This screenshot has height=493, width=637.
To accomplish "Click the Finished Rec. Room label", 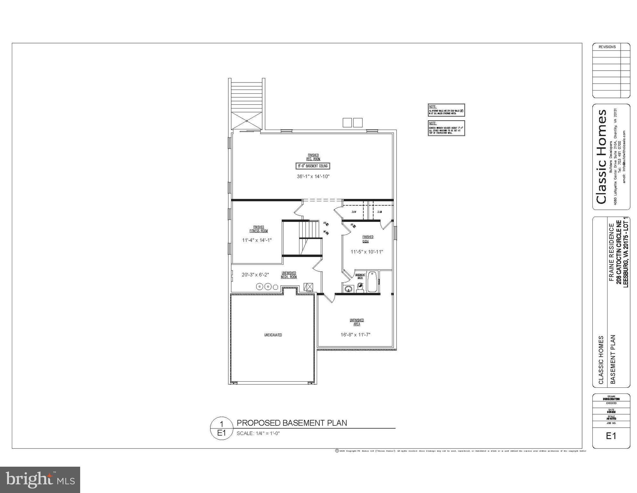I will (313, 157).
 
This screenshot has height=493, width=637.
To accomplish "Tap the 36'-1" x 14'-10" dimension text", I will (313, 176).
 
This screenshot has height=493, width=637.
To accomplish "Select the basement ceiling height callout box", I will (313, 166).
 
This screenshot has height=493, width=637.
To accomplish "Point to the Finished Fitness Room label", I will (258, 229).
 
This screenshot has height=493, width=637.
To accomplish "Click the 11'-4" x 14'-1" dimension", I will (257, 240).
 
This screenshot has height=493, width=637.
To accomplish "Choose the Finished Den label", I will (368, 239).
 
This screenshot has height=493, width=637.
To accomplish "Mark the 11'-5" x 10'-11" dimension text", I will (367, 252).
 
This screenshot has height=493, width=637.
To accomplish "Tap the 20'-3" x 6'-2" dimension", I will (255, 275).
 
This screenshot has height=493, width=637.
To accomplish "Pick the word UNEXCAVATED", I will (273, 335).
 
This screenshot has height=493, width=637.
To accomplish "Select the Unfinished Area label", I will (356, 322).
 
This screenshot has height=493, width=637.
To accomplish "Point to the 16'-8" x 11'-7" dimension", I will (355, 334).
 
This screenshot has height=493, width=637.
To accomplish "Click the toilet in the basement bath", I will (360, 288).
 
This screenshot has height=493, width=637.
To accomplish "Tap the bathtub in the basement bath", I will (372, 282).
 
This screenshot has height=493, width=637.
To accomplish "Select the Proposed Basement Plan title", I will (291, 423).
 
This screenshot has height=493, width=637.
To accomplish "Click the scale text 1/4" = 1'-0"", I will (258, 433).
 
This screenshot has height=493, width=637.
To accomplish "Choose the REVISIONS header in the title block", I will (607, 47).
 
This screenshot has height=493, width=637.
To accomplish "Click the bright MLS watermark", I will (40, 480).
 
